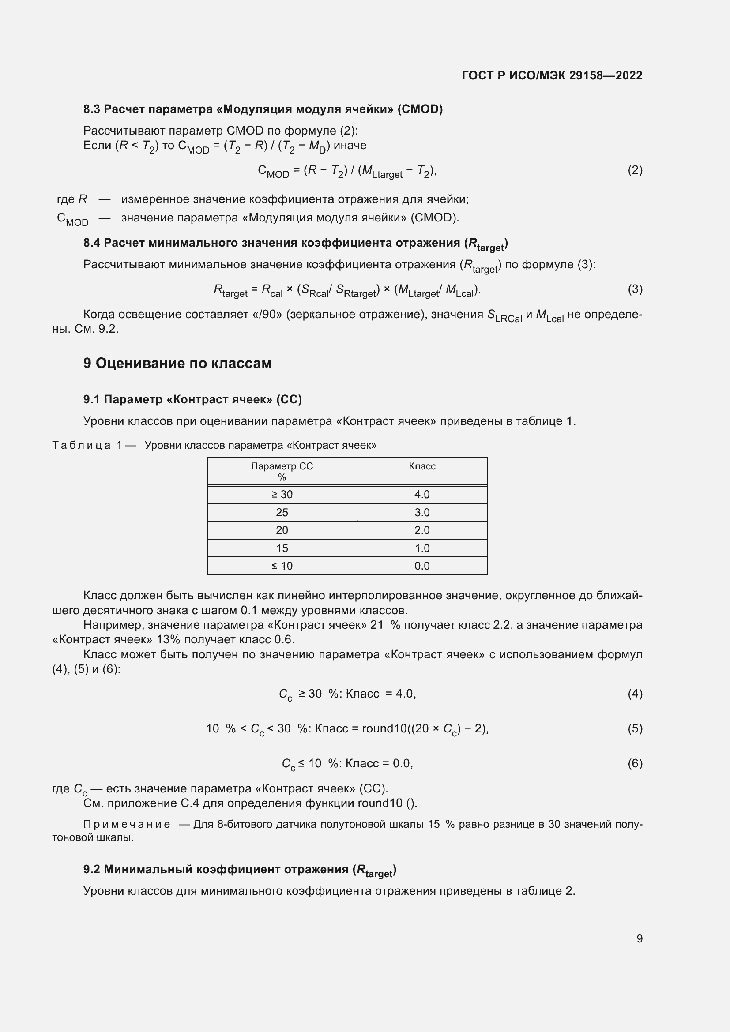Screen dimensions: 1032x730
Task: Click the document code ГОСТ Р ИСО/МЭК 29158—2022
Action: click(552, 75)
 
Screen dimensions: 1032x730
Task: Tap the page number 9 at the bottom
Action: click(639, 938)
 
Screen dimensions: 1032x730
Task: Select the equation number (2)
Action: click(635, 170)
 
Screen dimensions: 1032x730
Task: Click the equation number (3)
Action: click(635, 289)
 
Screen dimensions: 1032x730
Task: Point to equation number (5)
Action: click(635, 728)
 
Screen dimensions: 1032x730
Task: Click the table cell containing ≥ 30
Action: click(282, 495)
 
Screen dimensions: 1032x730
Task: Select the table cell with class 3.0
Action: click(421, 512)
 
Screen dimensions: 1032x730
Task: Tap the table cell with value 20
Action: click(282, 530)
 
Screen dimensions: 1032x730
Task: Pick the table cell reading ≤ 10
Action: click(282, 566)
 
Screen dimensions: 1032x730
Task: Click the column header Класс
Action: click(421, 466)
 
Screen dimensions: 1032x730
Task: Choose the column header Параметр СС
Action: click(282, 466)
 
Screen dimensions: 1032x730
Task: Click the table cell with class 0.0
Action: click(421, 566)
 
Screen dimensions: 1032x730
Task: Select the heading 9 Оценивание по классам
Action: click(177, 363)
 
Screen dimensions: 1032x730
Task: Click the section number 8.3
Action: click(92, 109)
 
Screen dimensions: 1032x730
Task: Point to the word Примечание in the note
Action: click(127, 824)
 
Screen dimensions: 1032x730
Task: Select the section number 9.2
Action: click(92, 869)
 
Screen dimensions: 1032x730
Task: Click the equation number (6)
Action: click(635, 763)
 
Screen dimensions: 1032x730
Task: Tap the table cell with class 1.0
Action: click(421, 548)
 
